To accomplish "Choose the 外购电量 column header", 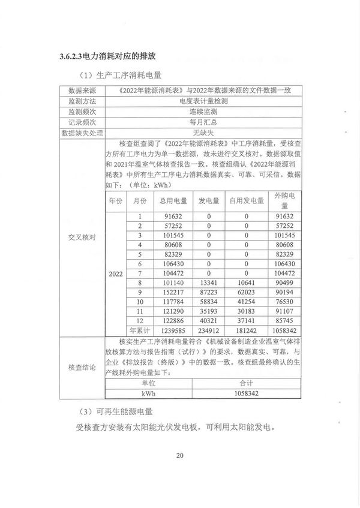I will pos(284,202).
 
